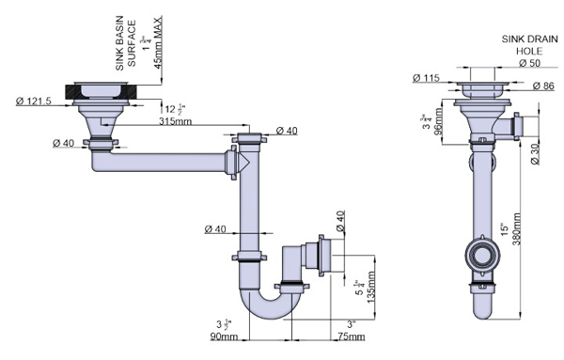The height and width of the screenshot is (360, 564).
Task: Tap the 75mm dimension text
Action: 350,336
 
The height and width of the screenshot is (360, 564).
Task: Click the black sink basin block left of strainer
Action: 72,91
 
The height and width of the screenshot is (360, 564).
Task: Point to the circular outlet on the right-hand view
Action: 484,253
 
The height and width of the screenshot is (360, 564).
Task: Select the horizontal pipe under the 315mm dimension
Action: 160,163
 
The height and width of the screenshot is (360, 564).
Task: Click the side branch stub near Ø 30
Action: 511,124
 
